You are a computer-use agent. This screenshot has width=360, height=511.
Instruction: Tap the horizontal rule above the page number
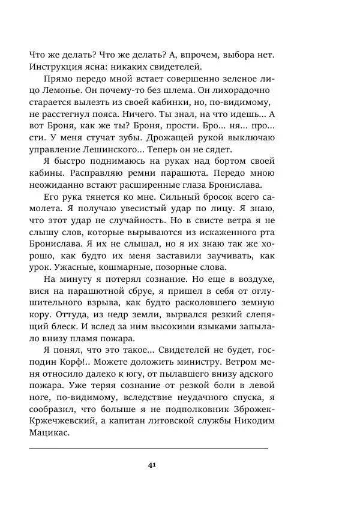point(148,448)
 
